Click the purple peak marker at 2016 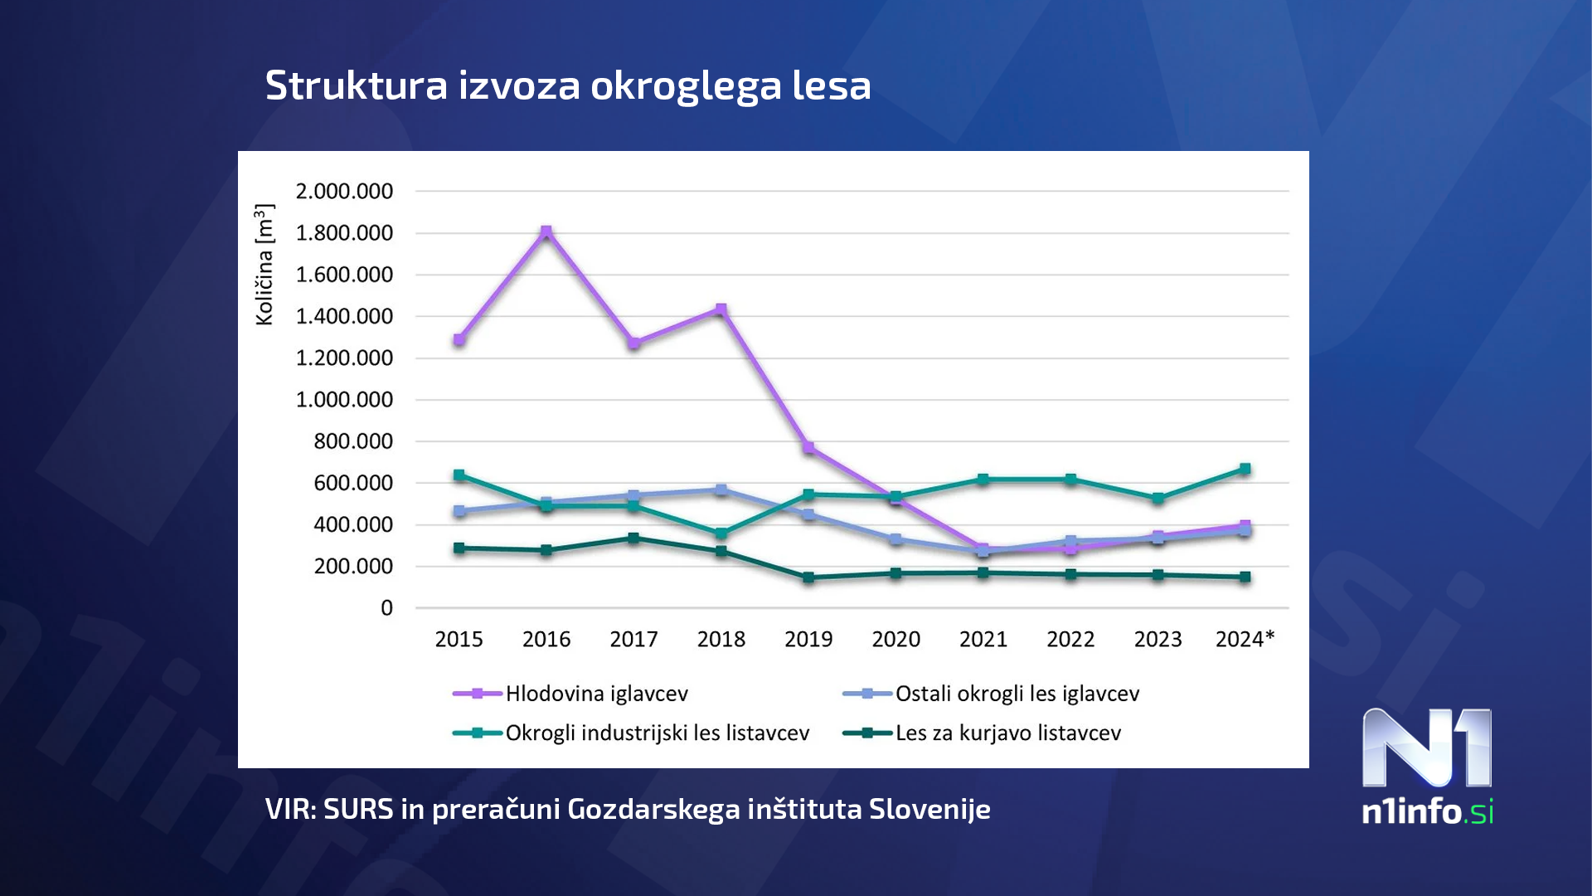(546, 232)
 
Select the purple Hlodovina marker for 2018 (721, 310)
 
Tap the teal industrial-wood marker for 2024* (1245, 470)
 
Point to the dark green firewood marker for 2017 (633, 538)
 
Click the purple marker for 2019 (808, 448)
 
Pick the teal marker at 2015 (459, 475)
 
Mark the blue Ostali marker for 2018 (721, 489)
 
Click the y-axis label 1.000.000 (344, 400)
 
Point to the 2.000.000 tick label (344, 192)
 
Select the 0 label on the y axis (386, 608)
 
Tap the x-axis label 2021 (983, 640)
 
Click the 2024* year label (1245, 640)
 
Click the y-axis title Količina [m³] (265, 265)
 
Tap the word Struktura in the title (356, 85)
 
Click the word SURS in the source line (358, 809)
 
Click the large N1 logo (1427, 747)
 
